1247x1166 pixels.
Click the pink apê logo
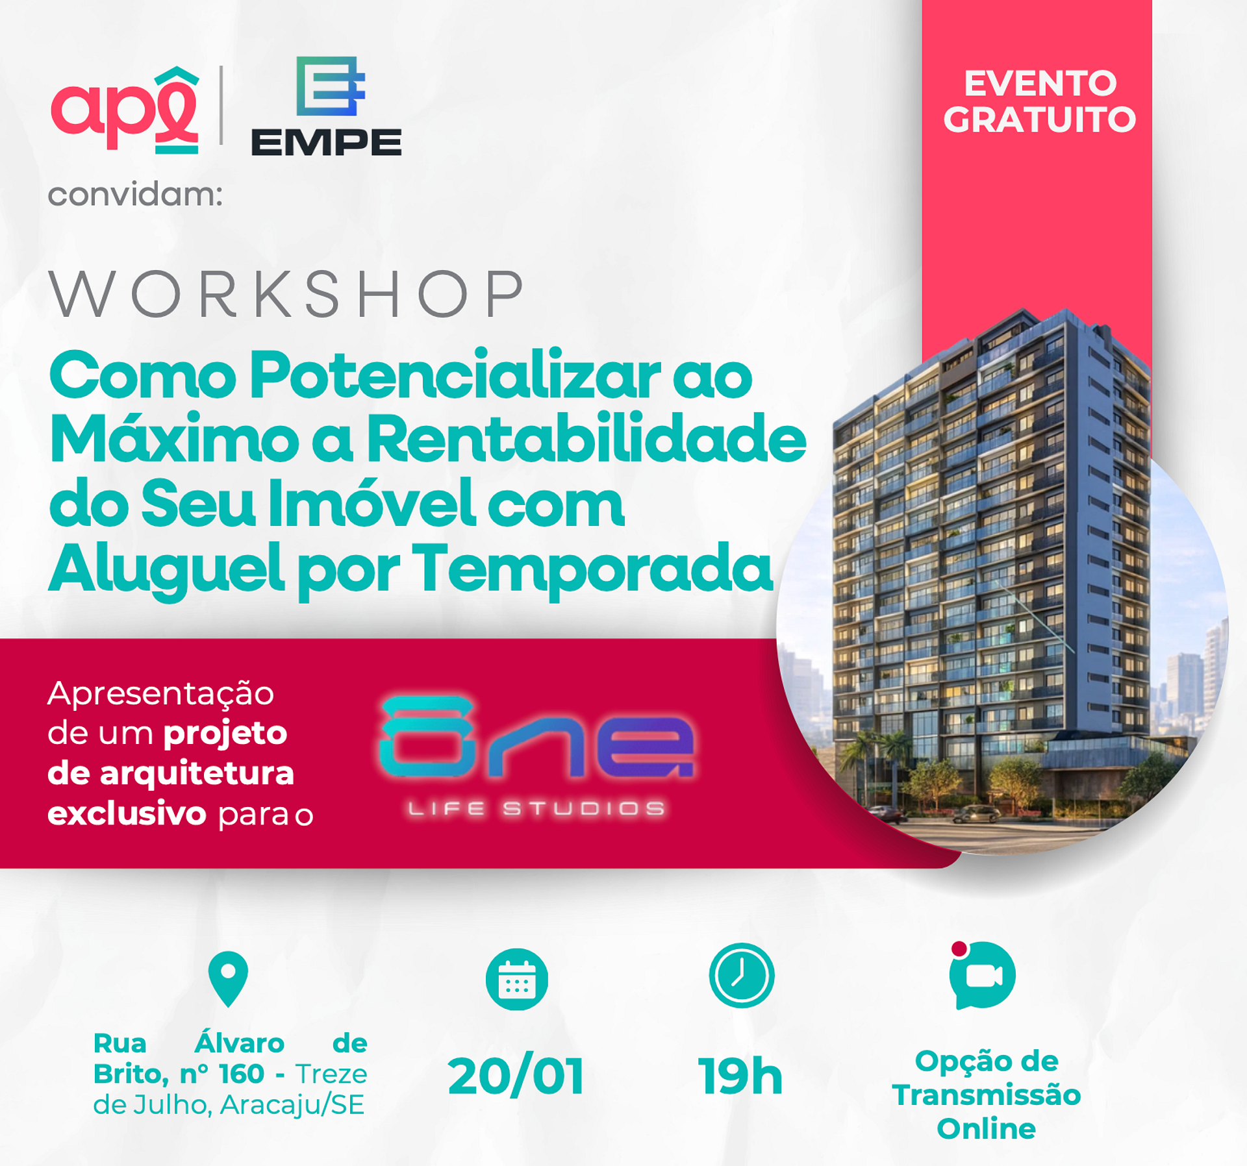[125, 110]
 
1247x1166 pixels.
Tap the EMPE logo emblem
[331, 86]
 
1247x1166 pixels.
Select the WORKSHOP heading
[286, 293]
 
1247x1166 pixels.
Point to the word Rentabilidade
[586, 439]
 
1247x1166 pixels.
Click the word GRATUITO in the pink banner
[1039, 120]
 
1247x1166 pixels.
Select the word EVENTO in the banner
[1040, 83]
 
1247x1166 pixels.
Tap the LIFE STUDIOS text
[536, 808]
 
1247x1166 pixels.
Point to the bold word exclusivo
[127, 813]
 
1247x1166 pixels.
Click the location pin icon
[228, 978]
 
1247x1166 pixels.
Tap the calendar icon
[517, 979]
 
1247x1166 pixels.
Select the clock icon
[742, 975]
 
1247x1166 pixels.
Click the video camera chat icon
[982, 975]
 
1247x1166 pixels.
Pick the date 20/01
[516, 1076]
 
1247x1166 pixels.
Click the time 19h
[740, 1076]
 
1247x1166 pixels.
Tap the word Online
[986, 1128]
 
